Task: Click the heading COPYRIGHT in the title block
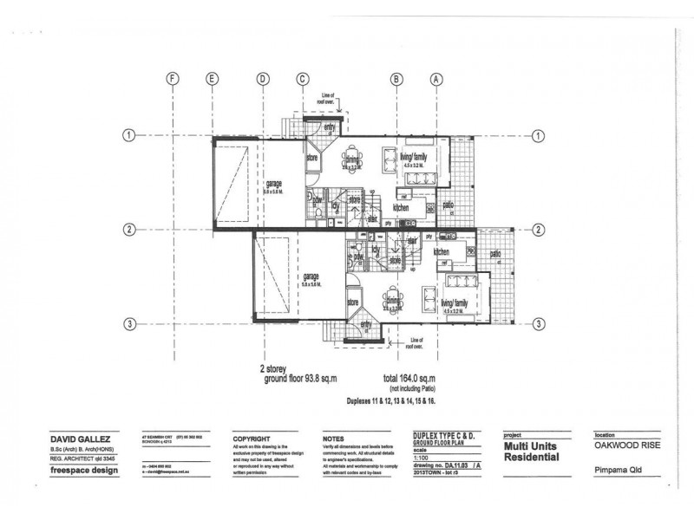[x=252, y=439]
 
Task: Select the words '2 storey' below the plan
[x=275, y=368]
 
